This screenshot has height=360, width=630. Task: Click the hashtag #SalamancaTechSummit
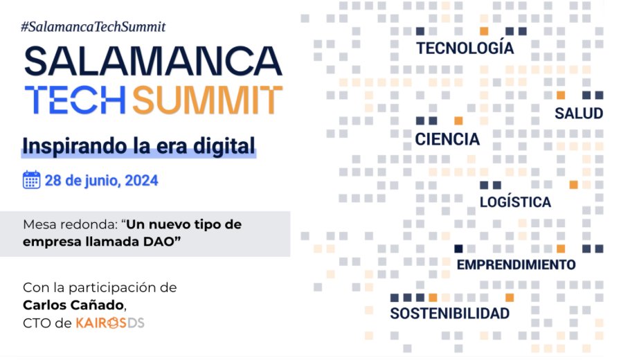93,26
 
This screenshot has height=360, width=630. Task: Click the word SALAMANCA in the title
153,62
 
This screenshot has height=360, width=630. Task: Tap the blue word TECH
74,100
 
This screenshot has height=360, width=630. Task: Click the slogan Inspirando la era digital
138,146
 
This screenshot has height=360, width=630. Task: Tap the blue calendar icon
31,181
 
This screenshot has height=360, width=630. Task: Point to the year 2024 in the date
143,181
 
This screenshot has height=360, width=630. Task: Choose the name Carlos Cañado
75,305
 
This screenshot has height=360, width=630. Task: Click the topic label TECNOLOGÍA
465,49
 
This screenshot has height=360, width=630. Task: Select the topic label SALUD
578,114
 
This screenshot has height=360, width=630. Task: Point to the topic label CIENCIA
447,139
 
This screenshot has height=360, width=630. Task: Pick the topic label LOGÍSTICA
515,202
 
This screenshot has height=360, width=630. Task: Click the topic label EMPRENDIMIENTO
516,264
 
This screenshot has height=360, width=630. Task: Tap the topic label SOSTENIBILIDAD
449,314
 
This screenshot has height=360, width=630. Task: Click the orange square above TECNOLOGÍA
484,31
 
